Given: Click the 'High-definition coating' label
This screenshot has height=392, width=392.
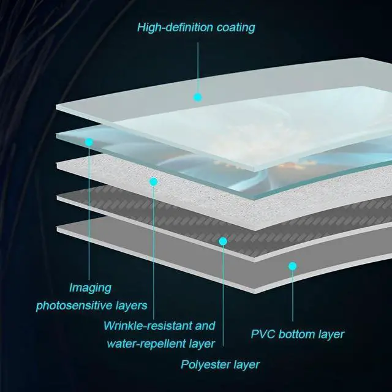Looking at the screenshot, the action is (x=196, y=28).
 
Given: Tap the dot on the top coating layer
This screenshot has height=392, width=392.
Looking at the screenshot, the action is (x=197, y=97).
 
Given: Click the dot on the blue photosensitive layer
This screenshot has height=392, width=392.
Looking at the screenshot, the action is (x=89, y=141).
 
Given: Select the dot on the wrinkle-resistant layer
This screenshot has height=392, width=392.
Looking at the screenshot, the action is (x=154, y=181).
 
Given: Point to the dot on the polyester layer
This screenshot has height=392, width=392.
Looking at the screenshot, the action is (x=223, y=241).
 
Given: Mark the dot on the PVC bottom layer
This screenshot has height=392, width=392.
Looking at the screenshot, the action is (x=293, y=266).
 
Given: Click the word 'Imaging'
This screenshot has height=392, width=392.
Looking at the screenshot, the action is (x=90, y=287).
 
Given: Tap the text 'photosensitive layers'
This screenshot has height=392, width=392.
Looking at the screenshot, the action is (x=92, y=305).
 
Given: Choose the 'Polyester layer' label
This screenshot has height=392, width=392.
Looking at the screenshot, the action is (x=220, y=365).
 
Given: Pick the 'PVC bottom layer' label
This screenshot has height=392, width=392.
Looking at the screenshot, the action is (x=298, y=334).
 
